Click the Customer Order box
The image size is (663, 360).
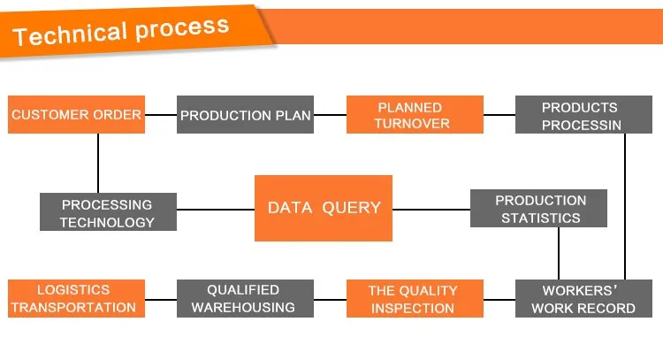[77, 115]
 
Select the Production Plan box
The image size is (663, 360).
[245, 115]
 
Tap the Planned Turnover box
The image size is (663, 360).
[415, 115]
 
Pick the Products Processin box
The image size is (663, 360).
[583, 115]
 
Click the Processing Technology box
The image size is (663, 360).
[108, 212]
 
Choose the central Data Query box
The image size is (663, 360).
[324, 208]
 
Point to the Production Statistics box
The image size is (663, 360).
[538, 208]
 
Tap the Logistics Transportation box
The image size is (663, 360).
[77, 298]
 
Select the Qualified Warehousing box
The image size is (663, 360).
[245, 298]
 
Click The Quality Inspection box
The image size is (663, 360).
[415, 298]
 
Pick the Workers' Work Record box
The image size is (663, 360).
[583, 298]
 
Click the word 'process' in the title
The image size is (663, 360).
[182, 29]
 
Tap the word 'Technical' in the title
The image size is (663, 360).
[70, 34]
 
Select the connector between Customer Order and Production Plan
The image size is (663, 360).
[161, 115]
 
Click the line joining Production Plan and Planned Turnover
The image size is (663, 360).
[330, 115]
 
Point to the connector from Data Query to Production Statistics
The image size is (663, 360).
[431, 210]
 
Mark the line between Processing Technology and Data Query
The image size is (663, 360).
[216, 210]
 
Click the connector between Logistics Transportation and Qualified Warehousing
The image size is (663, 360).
[161, 300]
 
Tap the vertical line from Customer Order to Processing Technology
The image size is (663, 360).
[98, 164]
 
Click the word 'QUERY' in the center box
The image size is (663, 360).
[351, 208]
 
